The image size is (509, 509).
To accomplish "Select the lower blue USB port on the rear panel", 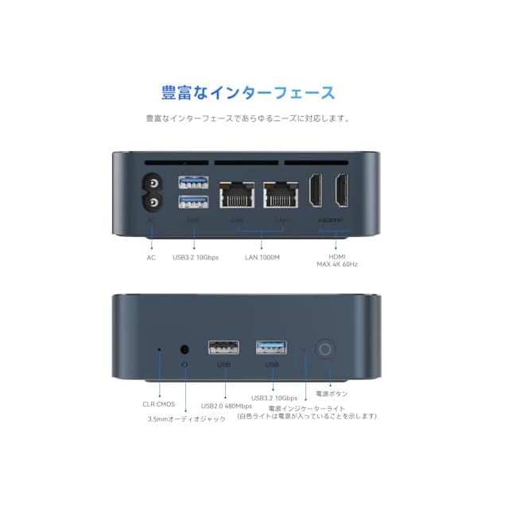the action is [193, 202].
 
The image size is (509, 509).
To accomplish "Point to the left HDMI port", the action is [315, 191].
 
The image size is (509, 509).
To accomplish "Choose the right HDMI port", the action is [342, 191].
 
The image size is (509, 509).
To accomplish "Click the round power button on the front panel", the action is [324, 349].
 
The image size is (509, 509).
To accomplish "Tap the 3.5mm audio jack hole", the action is [186, 348].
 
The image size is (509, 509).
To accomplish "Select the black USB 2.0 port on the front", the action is [223, 348].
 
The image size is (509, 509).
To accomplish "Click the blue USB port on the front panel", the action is [271, 348].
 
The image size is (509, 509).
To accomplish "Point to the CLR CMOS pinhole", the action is [159, 348].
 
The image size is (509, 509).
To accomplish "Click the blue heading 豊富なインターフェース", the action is [248, 92].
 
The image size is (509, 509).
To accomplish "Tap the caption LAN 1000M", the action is [262, 257].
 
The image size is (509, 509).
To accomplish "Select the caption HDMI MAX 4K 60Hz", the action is [337, 260].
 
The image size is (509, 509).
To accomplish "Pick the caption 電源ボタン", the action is [332, 394].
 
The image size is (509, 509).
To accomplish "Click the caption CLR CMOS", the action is [159, 404].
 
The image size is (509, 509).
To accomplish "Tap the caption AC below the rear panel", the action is [151, 257].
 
